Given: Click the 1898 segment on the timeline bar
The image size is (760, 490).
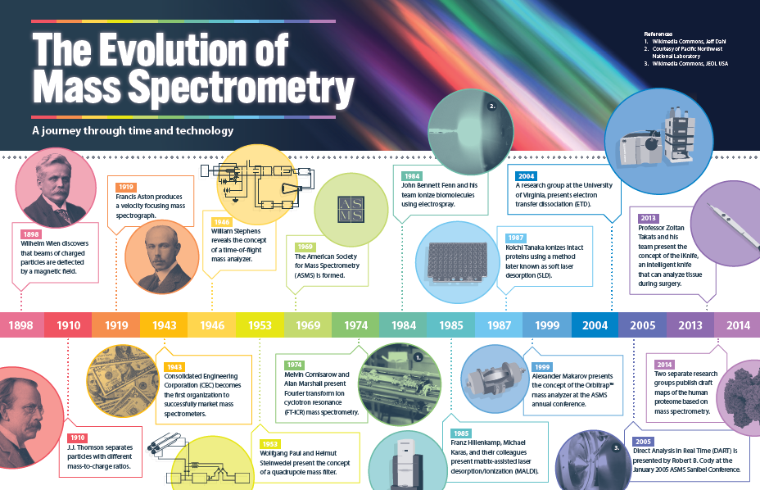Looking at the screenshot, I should [21, 325].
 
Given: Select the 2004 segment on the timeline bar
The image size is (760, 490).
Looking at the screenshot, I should [595, 325].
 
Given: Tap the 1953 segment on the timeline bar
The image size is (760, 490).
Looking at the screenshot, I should [260, 325].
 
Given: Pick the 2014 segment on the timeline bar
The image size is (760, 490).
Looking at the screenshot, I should [737, 325].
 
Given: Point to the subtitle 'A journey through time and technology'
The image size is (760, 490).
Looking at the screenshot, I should [133, 130].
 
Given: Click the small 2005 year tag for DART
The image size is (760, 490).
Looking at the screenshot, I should [644, 440].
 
